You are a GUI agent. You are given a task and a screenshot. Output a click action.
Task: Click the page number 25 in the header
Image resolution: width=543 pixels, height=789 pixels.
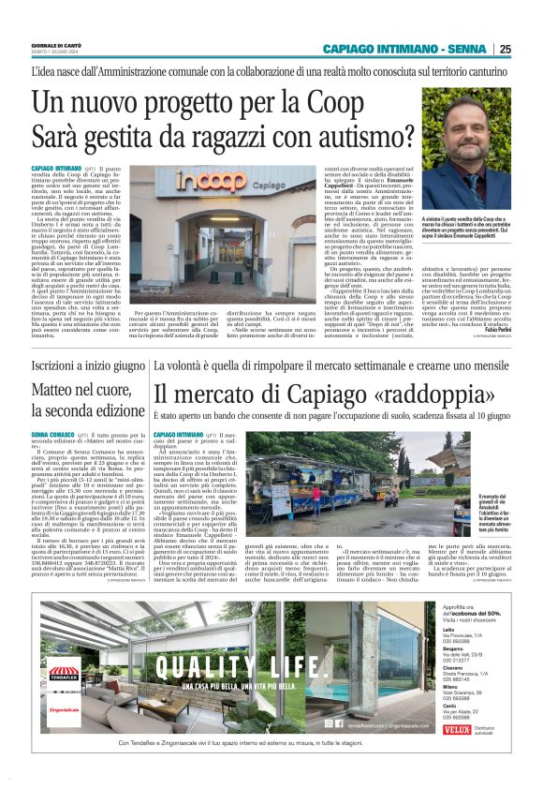pos(505,49)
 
